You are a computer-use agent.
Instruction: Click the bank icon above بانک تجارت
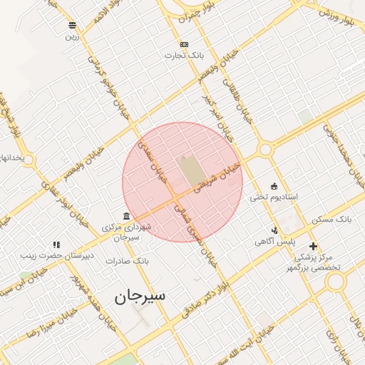184,44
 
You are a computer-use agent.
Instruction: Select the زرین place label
72,36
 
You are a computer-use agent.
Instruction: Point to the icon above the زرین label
72,25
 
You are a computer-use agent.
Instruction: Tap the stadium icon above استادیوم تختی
274,185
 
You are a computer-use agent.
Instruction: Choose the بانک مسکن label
332,219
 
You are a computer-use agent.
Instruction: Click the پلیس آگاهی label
274,242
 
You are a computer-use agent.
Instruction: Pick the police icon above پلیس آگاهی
274,230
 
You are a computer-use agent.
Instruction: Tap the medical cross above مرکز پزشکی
312,246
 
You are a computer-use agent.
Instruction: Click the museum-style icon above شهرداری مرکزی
126,216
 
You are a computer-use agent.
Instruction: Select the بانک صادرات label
126,261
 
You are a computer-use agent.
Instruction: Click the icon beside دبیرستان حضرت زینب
56,245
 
